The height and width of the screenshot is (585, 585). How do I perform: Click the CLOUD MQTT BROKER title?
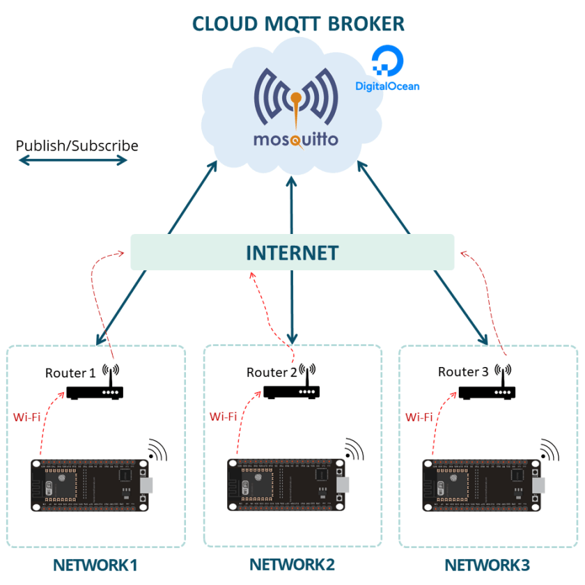coord(298,23)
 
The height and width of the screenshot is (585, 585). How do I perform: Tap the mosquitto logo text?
coord(296,139)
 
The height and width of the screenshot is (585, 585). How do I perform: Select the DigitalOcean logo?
coord(387,70)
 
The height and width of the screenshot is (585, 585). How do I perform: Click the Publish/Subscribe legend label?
coord(77,146)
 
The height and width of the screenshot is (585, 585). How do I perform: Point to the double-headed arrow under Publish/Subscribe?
coord(72,161)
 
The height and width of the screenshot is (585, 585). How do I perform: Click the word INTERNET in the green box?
coord(292,253)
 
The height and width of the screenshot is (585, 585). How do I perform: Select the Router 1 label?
coord(70,373)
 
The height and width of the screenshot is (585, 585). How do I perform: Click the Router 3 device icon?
coord(487,392)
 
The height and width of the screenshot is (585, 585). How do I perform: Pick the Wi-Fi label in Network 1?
coord(27,418)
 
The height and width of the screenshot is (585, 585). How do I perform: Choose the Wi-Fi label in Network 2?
coord(224,416)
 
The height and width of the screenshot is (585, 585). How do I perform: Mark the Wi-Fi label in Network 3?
coord(419,417)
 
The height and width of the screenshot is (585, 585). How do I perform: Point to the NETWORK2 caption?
coord(292,564)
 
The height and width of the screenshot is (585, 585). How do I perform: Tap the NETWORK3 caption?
coord(488,565)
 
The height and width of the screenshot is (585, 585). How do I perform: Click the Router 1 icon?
coord(95,391)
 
